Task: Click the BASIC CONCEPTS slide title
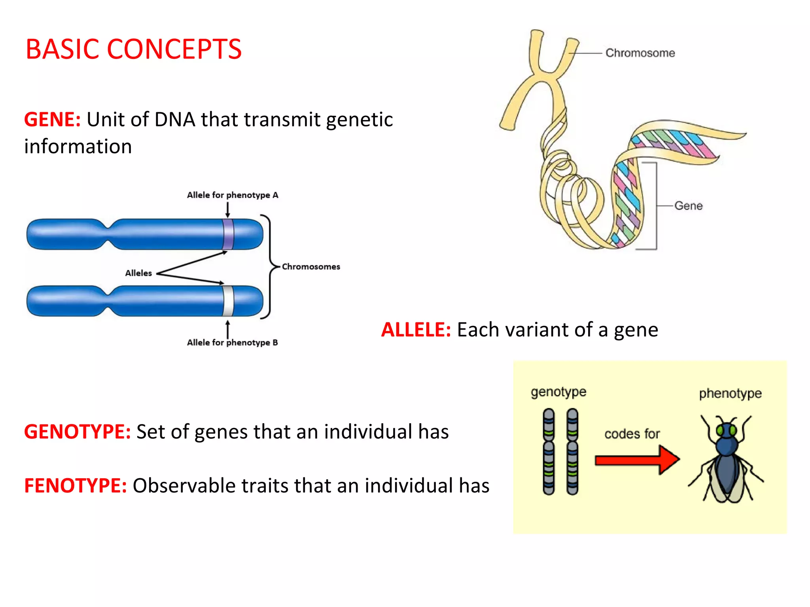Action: coord(133,49)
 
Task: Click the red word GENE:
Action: coord(52,119)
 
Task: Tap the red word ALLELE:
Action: coord(416,330)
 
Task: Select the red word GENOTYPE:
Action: coord(77,432)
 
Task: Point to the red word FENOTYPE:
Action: coord(75,486)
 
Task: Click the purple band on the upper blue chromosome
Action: coord(228,234)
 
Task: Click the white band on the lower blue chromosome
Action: coord(228,301)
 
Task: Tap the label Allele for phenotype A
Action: coord(233,195)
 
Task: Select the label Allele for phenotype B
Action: coord(233,343)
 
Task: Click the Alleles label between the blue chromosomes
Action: coord(138,273)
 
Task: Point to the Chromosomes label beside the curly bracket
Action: coord(311,267)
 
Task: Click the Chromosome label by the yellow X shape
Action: coord(640,53)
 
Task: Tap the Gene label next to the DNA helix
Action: coord(688,206)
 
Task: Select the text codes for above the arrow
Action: coord(632,434)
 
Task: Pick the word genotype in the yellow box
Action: coord(558,392)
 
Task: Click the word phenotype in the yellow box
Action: coord(730,394)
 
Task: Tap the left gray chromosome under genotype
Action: coord(549,452)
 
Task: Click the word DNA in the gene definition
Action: coord(175,119)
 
